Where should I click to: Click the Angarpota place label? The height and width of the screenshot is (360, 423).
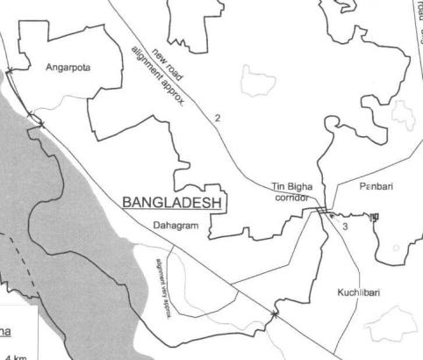point(68,67)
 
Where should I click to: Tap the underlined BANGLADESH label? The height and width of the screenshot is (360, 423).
point(173,203)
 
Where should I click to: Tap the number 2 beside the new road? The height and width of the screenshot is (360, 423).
point(216,117)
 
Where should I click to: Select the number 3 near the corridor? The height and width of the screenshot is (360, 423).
point(346,227)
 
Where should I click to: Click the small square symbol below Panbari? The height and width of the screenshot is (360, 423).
point(375,216)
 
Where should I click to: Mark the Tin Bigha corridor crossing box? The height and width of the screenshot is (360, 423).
point(323,211)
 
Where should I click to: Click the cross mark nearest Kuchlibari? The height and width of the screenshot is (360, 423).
point(275,313)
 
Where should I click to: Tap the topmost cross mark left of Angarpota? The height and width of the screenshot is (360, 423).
point(10,70)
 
